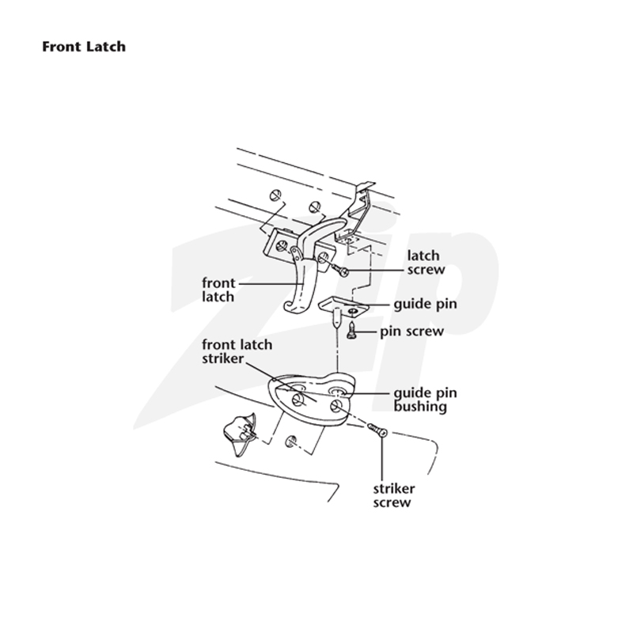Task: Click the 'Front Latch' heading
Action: [x=84, y=47]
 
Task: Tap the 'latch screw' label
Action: [x=426, y=263]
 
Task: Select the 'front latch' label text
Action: [x=218, y=290]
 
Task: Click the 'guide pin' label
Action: [x=425, y=305]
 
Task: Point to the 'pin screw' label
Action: [x=411, y=332]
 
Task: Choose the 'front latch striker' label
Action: [x=237, y=351]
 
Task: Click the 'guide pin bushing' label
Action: [x=425, y=400]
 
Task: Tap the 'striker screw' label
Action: [x=394, y=496]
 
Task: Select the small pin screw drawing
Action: [x=351, y=330]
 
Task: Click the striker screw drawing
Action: [x=378, y=430]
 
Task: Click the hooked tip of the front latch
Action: [x=289, y=307]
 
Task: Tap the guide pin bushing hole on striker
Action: [x=337, y=392]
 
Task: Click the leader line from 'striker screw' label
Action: [x=382, y=459]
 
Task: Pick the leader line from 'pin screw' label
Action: [x=366, y=332]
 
